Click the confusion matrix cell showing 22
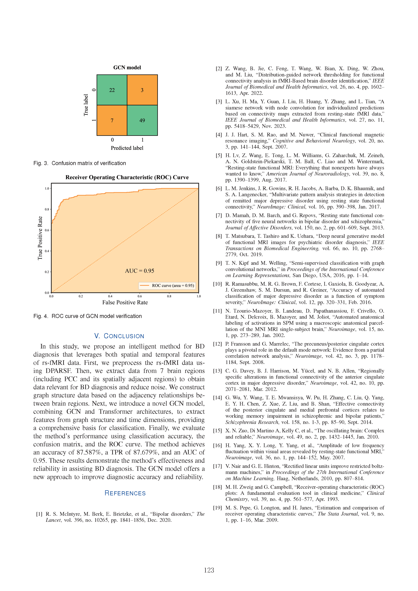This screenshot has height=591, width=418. pyautogui.click(x=112, y=90)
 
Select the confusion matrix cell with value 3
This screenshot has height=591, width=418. pyautogui.click(x=142, y=90)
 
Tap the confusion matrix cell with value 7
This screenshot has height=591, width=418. pyautogui.click(x=112, y=120)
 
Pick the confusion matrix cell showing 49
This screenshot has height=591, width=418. pyautogui.click(x=142, y=120)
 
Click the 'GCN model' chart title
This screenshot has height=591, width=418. pyautogui.click(x=127, y=67)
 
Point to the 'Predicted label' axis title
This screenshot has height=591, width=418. pyautogui.click(x=127, y=148)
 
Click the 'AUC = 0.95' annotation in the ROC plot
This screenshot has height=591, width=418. pyautogui.click(x=140, y=271)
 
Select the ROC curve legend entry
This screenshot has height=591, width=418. pyautogui.click(x=167, y=285)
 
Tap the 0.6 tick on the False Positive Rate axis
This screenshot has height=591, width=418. pyautogui.click(x=140, y=296)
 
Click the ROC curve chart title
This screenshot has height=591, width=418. pyautogui.click(x=127, y=177)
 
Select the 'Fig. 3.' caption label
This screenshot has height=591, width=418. pyautogui.click(x=41, y=163)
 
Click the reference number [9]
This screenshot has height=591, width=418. pyautogui.click(x=219, y=263)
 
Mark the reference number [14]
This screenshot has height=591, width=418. pyautogui.click(x=217, y=398)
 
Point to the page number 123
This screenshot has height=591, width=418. pyautogui.click(x=209, y=570)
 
